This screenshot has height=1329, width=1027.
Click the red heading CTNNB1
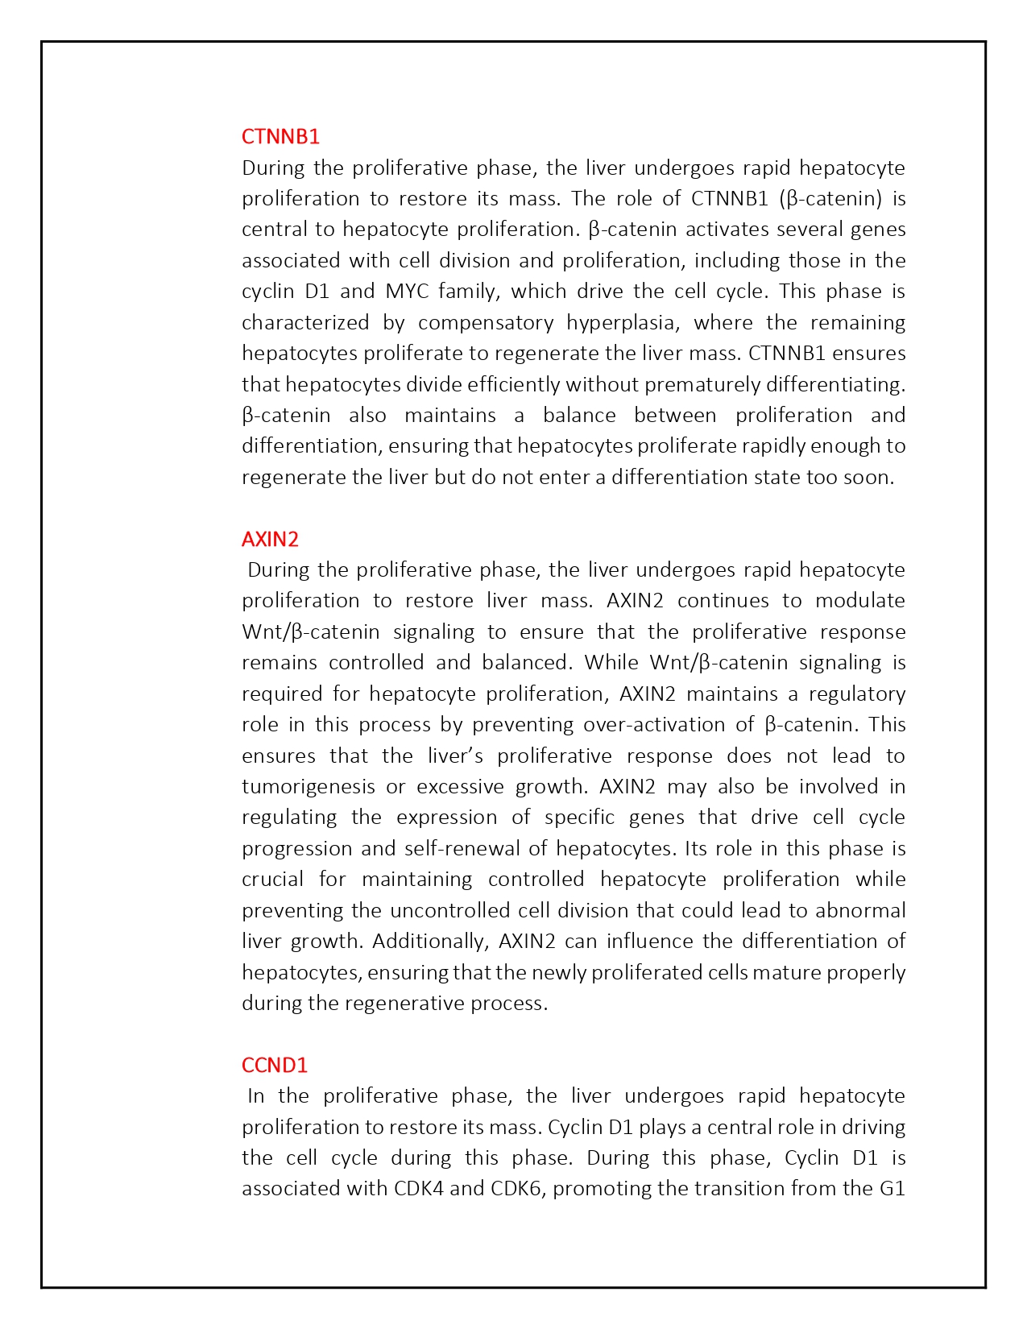tap(280, 136)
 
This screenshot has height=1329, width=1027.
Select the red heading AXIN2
tap(270, 539)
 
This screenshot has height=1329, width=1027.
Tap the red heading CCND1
tap(275, 1065)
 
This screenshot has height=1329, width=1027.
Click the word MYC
tap(408, 291)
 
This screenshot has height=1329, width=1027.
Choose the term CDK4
tap(419, 1188)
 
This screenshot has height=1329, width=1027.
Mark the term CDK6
tap(519, 1188)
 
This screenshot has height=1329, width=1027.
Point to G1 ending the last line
tap(892, 1188)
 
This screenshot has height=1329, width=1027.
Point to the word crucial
tap(272, 879)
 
